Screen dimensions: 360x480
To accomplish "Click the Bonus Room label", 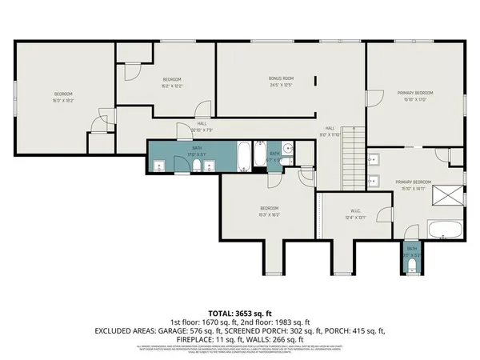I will point(281,78).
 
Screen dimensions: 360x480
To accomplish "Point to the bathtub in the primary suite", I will point(445,230).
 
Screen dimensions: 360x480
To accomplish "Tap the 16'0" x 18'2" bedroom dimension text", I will point(42,101).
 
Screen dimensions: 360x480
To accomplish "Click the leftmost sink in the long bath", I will point(158,166).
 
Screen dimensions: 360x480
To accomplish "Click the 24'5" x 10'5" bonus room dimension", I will point(281,85).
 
